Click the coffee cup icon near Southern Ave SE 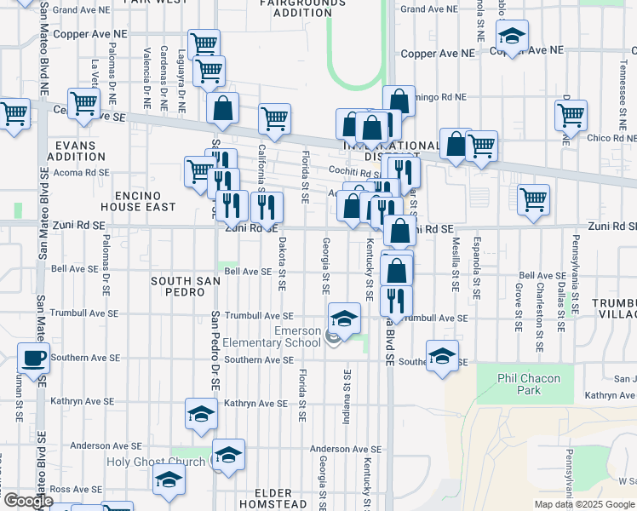tap(34, 359)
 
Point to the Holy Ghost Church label tap(156, 462)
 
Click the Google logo tap(27, 501)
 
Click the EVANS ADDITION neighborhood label tap(77, 151)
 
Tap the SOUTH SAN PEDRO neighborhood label tap(178, 285)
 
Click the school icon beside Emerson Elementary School tap(343, 319)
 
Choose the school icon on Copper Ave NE tap(512, 37)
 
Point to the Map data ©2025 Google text tap(584, 504)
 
